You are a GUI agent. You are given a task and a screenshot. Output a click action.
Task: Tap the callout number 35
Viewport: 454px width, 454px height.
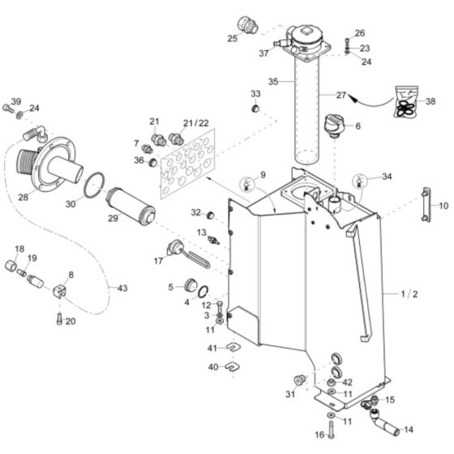[x=272, y=82]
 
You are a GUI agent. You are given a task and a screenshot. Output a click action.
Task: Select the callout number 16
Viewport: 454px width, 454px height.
[x=318, y=435]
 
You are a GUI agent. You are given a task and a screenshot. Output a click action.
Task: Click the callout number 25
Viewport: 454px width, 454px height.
[x=231, y=38]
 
